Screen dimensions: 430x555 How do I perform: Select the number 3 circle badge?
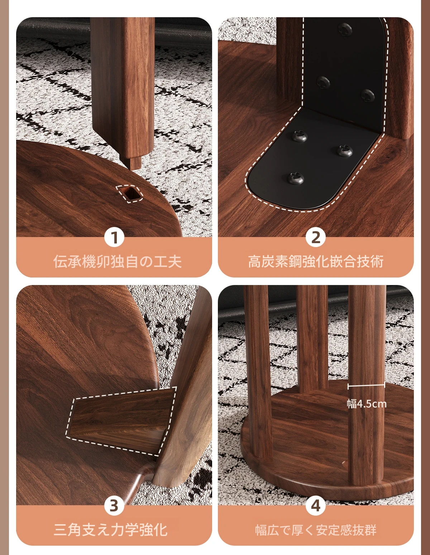coord(114,506)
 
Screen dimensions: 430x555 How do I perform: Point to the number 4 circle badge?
coord(316,506)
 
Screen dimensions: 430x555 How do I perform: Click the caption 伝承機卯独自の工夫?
coord(117,261)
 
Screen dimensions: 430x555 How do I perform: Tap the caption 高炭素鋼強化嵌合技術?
coord(316,261)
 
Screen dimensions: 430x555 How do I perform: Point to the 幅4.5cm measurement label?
coord(367,404)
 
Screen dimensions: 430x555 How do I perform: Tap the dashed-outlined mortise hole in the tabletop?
coord(130,193)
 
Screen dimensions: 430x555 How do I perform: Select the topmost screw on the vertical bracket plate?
coord(345,29)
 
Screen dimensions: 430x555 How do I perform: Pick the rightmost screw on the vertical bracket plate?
coord(367,95)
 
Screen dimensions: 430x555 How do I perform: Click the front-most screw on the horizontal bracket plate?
coord(296,178)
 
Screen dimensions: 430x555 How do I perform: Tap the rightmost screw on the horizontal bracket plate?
coord(344,151)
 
